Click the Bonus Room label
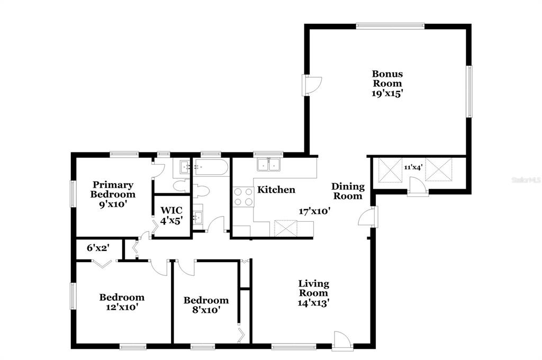[x=387, y=78]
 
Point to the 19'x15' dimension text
[x=387, y=93]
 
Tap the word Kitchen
[x=276, y=190]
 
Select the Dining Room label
[x=348, y=191]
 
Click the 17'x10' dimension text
[x=314, y=211]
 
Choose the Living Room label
[x=313, y=289]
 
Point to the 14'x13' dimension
[x=313, y=303]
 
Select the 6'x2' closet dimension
[x=98, y=248]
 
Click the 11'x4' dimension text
[x=413, y=167]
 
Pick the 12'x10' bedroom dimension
[x=122, y=307]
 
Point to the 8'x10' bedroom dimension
[x=206, y=310]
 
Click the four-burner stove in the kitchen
[x=243, y=197]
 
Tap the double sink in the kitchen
[x=268, y=164]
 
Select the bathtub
[x=211, y=167]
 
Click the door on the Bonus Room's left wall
[x=312, y=85]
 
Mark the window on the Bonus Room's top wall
[x=390, y=26]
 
